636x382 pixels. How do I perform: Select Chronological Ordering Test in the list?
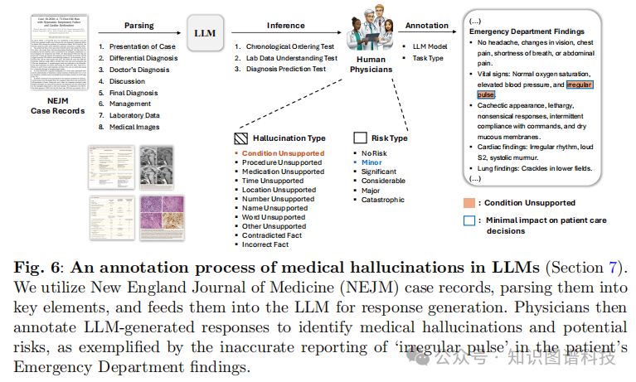287,46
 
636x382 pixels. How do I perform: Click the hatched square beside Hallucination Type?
240,138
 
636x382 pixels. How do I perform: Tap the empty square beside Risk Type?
359,138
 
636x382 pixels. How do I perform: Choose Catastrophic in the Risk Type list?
382,200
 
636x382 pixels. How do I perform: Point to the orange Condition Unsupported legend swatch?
469,203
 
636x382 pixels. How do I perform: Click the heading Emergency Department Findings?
527,31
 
